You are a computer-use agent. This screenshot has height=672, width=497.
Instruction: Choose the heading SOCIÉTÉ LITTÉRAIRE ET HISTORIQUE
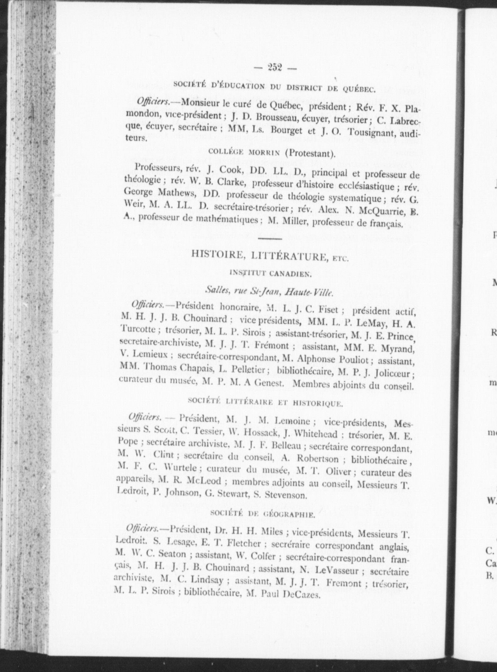click(265, 403)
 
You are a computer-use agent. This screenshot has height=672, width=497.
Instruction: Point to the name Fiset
click(328, 310)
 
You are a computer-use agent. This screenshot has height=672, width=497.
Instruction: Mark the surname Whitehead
click(315, 434)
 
